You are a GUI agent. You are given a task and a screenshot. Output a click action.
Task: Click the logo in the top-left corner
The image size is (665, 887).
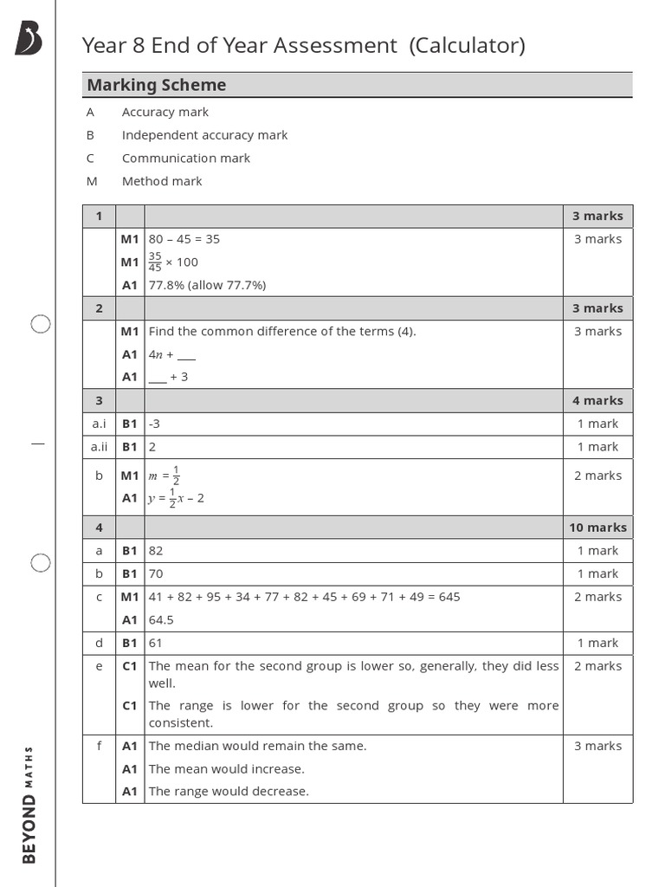tap(28, 40)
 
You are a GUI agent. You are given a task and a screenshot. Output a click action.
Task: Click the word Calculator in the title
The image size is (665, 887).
tap(468, 45)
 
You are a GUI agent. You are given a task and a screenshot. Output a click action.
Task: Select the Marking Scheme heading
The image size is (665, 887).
tap(156, 85)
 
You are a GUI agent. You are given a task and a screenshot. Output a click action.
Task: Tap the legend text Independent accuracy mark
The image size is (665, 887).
tap(204, 135)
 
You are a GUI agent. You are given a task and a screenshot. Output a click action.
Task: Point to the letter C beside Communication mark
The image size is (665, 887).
tap(90, 158)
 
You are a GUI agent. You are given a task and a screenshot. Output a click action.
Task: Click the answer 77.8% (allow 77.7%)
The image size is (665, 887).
tap(207, 285)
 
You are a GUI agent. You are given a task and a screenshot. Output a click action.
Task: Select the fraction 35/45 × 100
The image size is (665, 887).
tap(173, 262)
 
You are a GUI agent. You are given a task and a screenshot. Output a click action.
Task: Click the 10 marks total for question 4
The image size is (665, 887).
tap(597, 528)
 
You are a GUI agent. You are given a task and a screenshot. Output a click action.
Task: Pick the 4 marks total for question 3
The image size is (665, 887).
tap(597, 400)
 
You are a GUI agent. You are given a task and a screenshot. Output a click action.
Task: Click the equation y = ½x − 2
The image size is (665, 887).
tap(176, 498)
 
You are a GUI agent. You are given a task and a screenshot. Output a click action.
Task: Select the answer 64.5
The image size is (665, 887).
tap(161, 619)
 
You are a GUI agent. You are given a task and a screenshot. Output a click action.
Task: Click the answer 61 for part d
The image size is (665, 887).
tap(156, 643)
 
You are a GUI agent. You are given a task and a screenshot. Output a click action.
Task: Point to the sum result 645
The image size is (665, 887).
tap(449, 597)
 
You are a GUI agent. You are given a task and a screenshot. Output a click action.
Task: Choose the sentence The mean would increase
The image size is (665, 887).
tap(226, 768)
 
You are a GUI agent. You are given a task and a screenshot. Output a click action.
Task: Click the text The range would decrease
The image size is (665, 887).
tap(229, 791)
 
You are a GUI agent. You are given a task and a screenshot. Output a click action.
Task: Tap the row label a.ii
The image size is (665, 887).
tap(99, 447)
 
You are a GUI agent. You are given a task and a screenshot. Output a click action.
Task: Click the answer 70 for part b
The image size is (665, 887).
tap(156, 573)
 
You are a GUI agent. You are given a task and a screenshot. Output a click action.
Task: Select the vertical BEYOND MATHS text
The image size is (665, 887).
tap(29, 804)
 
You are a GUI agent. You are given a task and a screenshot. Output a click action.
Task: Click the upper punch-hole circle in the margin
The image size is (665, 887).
tap(41, 324)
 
